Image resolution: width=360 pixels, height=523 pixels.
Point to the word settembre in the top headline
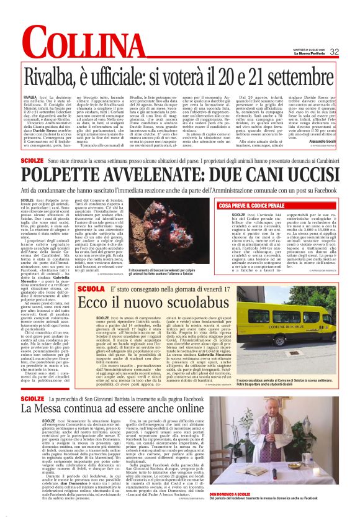click(x=291, y=77)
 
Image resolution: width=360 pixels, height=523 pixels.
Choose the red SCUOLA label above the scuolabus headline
click(x=109, y=272)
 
